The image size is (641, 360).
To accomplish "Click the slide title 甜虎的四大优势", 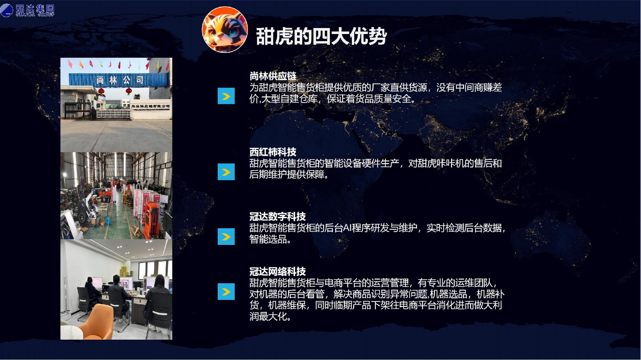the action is tap(321, 36).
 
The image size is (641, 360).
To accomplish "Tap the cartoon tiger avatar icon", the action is tap(225, 30).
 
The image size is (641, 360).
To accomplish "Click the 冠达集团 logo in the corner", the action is tap(27, 10).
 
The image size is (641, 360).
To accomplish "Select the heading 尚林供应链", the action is tap(273, 76).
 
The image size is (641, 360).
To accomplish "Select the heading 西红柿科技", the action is tap(273, 152).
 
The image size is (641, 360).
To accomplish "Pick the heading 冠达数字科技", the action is tap(277, 217).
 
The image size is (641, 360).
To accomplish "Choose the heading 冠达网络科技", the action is tap(277, 272).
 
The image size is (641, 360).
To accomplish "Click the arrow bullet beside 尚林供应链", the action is tap(226, 96).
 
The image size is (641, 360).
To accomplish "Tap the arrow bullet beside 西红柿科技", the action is tap(226, 172).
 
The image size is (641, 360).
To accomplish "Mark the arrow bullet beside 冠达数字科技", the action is tap(226, 237).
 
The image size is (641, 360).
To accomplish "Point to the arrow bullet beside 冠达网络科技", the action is tap(226, 292).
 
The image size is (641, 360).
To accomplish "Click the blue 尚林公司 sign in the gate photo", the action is tap(119, 80).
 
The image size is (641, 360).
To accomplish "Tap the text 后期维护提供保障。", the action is tap(289, 174).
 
